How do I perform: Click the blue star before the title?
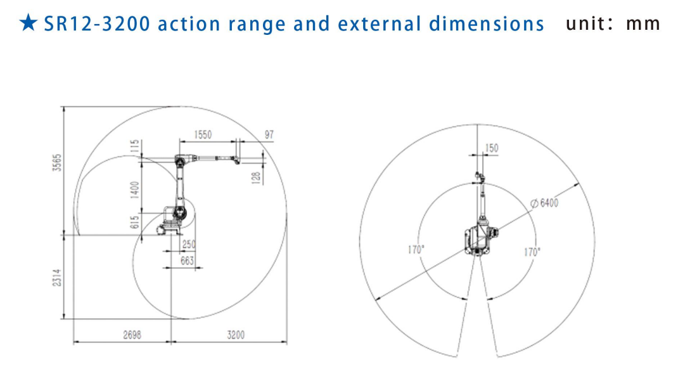(x=29, y=22)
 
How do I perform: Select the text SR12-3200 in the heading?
(x=97, y=24)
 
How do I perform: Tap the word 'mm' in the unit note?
(x=643, y=24)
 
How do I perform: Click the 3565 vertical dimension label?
(x=57, y=162)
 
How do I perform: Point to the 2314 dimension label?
(x=57, y=278)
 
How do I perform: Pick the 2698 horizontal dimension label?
(x=132, y=335)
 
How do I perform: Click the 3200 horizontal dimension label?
(x=236, y=335)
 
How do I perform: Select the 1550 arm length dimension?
(x=203, y=134)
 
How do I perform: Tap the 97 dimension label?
(x=269, y=134)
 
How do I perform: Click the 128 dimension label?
(x=256, y=177)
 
